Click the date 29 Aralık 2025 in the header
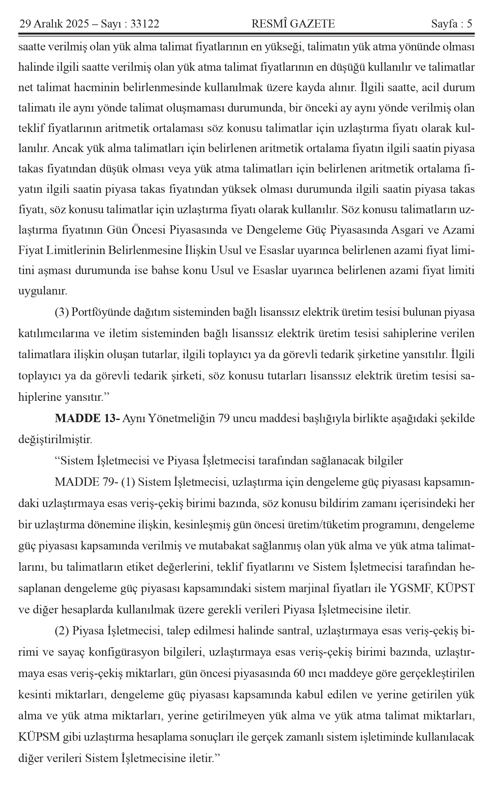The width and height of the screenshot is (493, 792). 54,24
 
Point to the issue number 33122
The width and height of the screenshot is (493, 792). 144,24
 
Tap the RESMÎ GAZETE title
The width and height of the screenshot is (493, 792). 293,24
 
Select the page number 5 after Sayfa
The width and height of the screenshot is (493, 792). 469,24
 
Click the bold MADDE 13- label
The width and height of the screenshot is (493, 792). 87,418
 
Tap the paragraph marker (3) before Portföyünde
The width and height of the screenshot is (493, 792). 62,312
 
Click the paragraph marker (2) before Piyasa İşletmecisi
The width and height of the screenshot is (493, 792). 62,631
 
